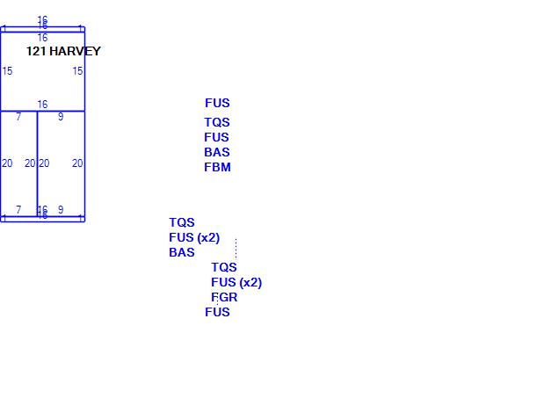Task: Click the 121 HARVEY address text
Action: pyautogui.click(x=63, y=51)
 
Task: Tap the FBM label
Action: pyautogui.click(x=217, y=167)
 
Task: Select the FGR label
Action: pyautogui.click(x=224, y=297)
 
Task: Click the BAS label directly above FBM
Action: pyautogui.click(x=217, y=152)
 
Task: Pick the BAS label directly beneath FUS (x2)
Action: pyautogui.click(x=182, y=252)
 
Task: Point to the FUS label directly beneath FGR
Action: pyautogui.click(x=217, y=312)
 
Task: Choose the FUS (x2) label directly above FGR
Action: pyautogui.click(x=236, y=282)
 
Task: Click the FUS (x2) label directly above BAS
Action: pyautogui.click(x=194, y=237)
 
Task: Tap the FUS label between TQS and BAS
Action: pyautogui.click(x=216, y=137)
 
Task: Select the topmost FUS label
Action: pyautogui.click(x=217, y=103)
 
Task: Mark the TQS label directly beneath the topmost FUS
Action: pyautogui.click(x=217, y=122)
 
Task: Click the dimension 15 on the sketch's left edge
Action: pyautogui.click(x=7, y=71)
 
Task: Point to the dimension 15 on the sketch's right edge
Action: pyautogui.click(x=77, y=71)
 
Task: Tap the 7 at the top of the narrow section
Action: pyautogui.click(x=18, y=117)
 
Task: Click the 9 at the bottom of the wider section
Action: pyautogui.click(x=61, y=210)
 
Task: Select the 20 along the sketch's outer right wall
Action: pyautogui.click(x=77, y=163)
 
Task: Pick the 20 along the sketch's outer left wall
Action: pyautogui.click(x=7, y=163)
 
